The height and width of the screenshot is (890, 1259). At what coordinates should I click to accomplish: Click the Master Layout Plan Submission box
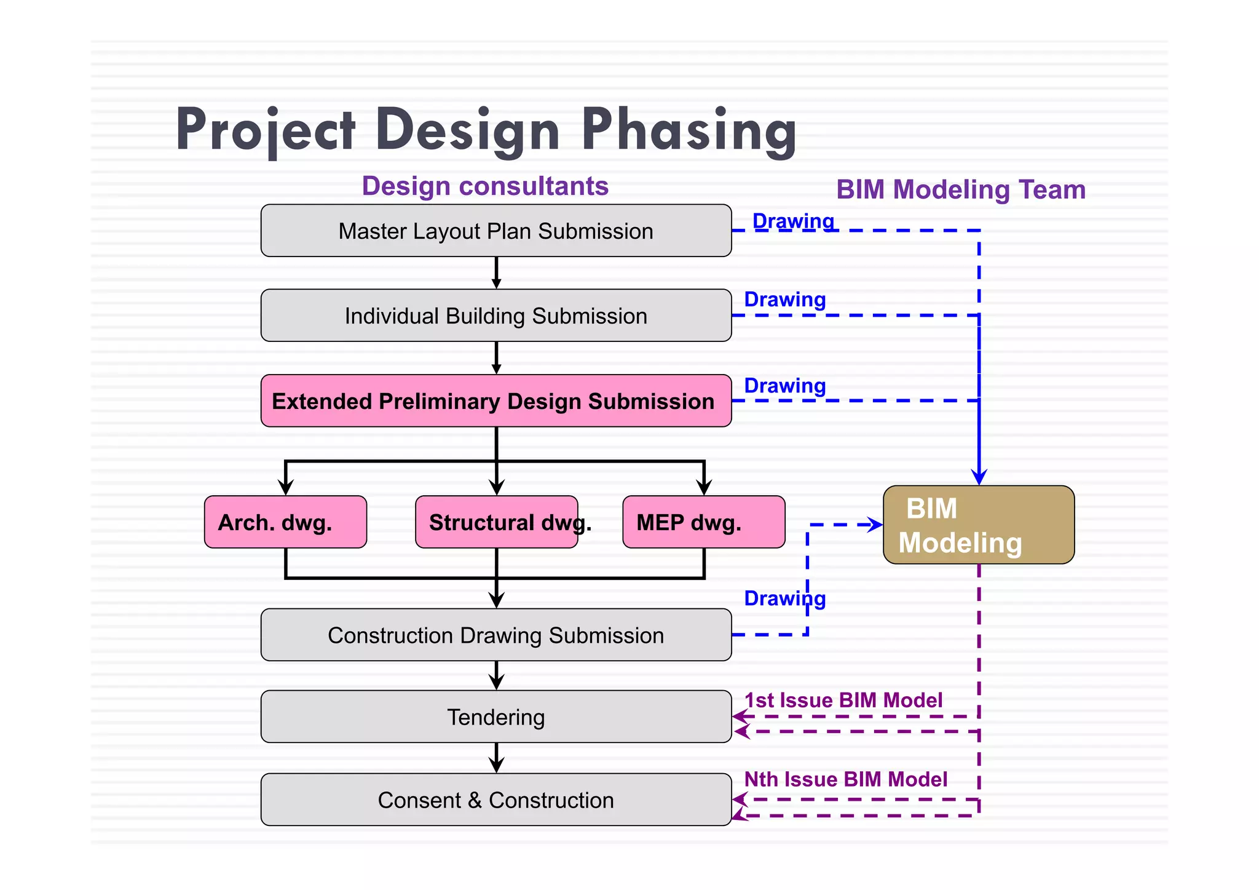496,231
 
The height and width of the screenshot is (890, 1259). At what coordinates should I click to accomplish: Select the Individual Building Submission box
496,316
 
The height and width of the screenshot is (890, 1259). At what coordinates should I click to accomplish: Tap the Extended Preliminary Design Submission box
496,401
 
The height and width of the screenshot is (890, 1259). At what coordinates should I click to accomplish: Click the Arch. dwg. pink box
285,522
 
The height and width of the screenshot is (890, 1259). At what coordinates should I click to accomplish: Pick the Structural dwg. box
496,522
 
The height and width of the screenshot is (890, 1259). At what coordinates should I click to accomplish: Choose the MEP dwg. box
703,522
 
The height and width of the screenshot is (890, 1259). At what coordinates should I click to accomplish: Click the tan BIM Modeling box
979,525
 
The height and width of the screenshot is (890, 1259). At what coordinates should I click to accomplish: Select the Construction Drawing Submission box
496,635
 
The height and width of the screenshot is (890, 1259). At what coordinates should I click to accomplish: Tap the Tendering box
496,717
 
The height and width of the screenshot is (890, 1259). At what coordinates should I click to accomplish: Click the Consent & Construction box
496,800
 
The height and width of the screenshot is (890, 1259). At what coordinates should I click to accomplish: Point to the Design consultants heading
485,186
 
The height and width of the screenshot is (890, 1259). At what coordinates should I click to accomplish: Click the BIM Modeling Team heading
961,189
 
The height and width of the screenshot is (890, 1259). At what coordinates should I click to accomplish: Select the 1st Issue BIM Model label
843,701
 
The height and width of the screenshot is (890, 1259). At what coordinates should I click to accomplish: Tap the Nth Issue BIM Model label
845,780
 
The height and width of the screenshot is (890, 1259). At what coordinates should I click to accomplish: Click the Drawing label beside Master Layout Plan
793,221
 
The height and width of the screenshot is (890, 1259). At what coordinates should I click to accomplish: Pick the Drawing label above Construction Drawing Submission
784,598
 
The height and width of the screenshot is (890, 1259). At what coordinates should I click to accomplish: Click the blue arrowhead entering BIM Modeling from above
979,477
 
